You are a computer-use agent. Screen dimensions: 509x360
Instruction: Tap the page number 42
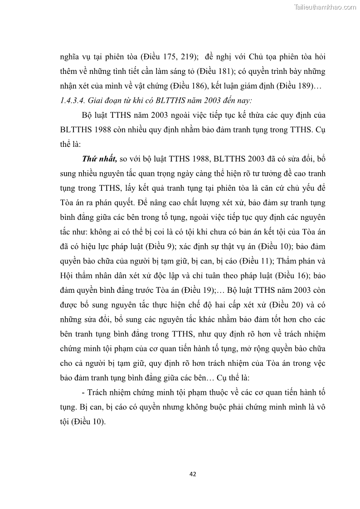click(x=193, y=474)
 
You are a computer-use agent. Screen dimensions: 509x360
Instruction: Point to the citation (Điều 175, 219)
click(x=169, y=58)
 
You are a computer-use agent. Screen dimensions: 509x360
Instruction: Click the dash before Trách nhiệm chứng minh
click(x=84, y=393)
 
